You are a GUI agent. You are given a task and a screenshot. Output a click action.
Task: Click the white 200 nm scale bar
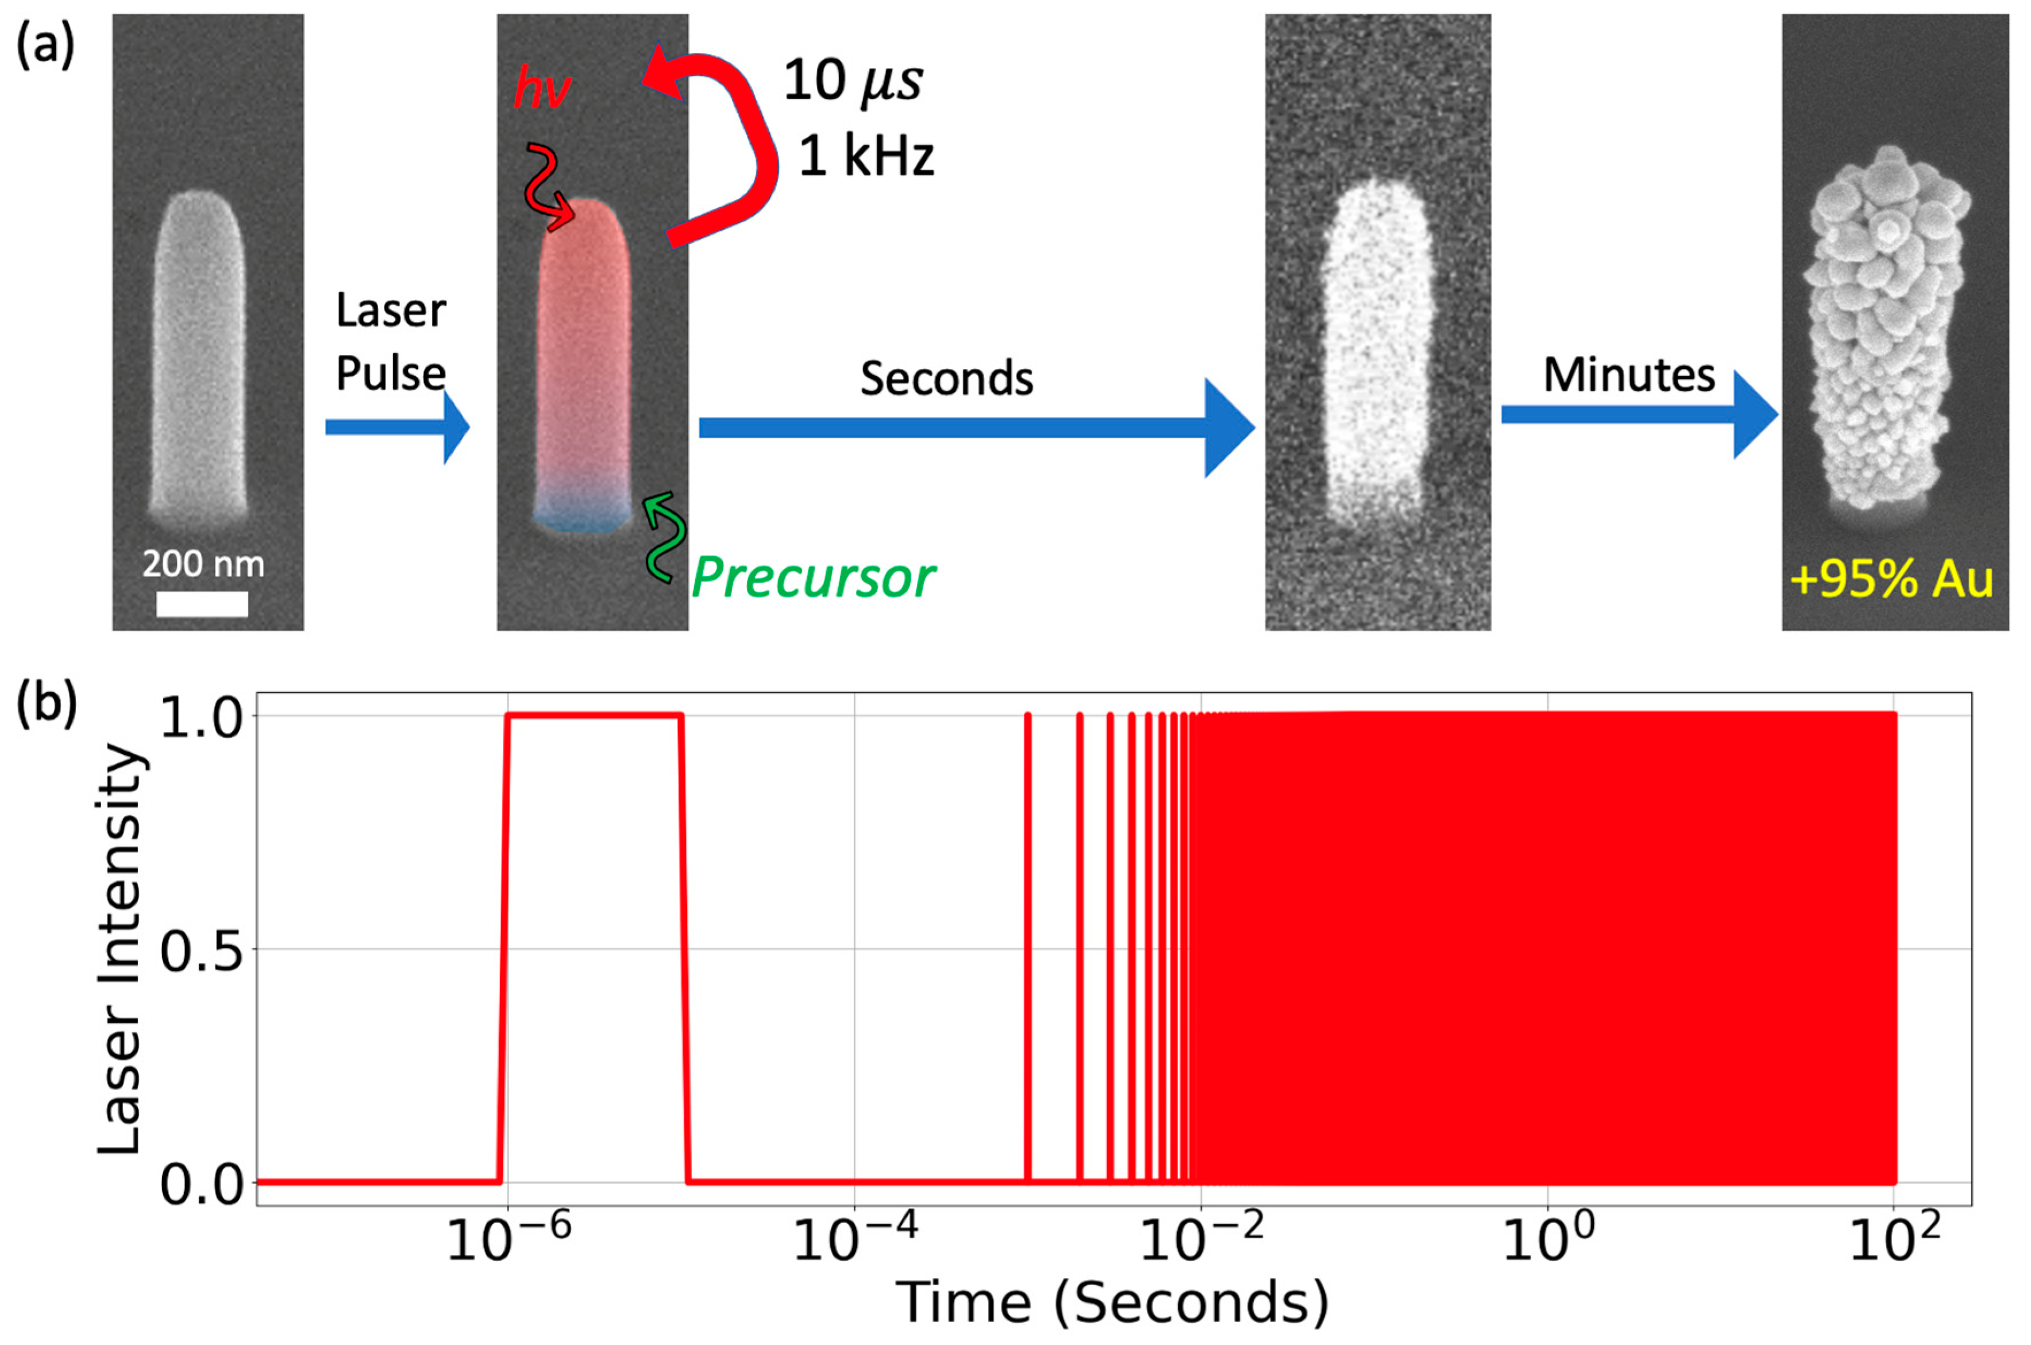(x=202, y=603)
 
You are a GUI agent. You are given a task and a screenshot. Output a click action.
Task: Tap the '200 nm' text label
(x=203, y=564)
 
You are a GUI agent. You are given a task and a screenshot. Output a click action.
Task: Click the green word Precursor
(x=812, y=578)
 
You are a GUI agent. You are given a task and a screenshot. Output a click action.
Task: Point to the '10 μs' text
(x=853, y=82)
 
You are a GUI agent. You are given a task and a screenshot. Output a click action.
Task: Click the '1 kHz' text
(x=866, y=157)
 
